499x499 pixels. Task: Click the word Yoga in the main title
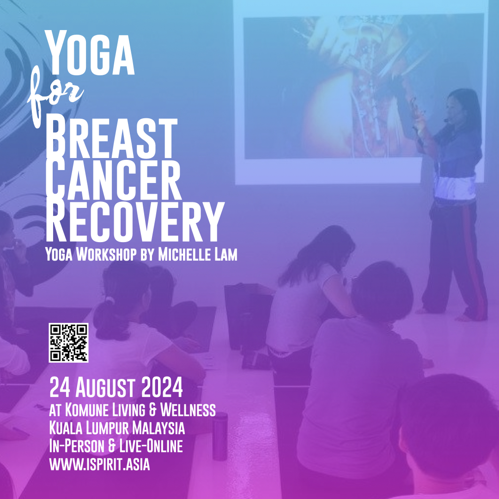(x=90, y=53)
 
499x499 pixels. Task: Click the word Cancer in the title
(x=113, y=180)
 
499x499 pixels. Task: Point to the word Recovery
(x=135, y=221)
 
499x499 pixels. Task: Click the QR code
(x=68, y=343)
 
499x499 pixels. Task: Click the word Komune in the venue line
(x=86, y=410)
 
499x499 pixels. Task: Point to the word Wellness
(x=188, y=410)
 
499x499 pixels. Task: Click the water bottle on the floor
(x=220, y=436)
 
